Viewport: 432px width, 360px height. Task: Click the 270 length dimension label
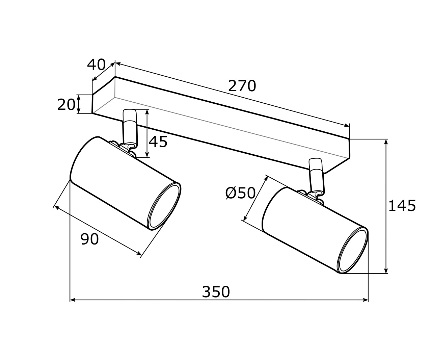(242, 86)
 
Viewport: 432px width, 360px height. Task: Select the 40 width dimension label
(96, 65)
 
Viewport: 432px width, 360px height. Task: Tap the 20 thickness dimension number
(66, 105)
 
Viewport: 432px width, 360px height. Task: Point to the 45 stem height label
(158, 142)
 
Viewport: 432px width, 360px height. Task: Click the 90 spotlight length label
(89, 239)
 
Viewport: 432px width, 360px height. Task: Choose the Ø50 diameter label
(240, 193)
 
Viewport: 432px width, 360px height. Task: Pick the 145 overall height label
(402, 206)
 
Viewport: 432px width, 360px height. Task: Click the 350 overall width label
(216, 292)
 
